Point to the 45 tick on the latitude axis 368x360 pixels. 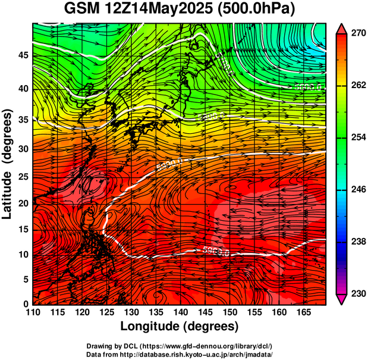click(24, 55)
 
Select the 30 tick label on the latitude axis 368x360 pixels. click(24, 149)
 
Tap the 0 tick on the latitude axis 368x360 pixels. click(27, 303)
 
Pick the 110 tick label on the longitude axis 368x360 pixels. click(33, 312)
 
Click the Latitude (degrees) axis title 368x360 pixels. click(8, 164)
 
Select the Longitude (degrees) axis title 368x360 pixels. click(180, 326)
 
